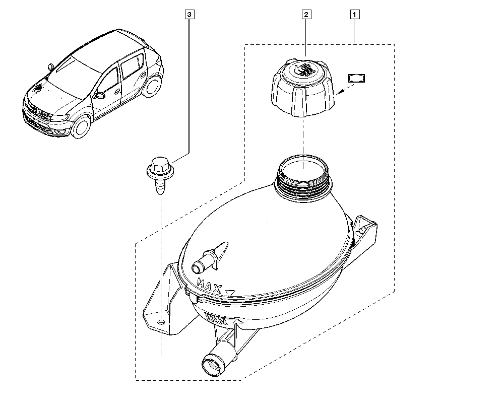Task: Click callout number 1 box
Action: [355, 15]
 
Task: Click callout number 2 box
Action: [306, 15]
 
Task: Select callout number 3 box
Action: [188, 15]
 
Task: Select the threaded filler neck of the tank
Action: [303, 181]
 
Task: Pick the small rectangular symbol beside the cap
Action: [357, 78]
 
